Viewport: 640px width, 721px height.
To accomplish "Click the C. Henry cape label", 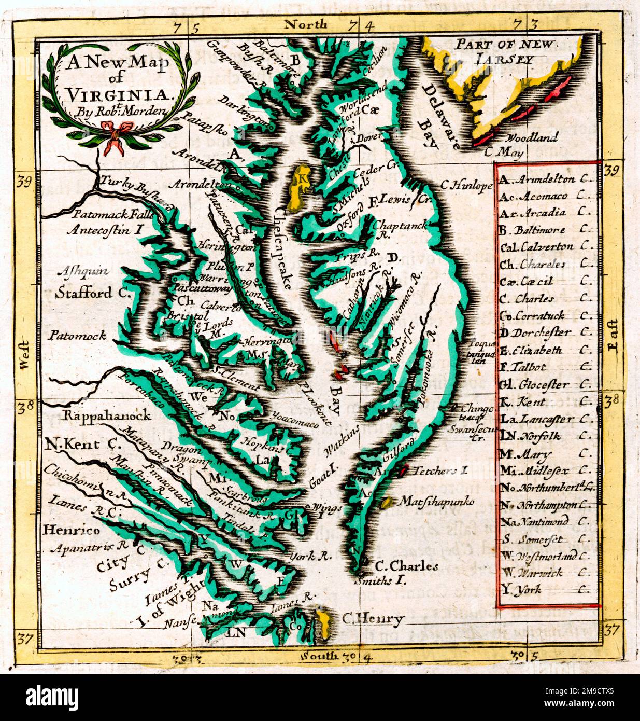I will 372,619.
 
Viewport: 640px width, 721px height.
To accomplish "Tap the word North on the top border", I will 306,24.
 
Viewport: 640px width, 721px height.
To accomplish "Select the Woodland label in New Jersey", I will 532,138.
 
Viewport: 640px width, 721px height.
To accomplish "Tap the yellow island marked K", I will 298,184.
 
